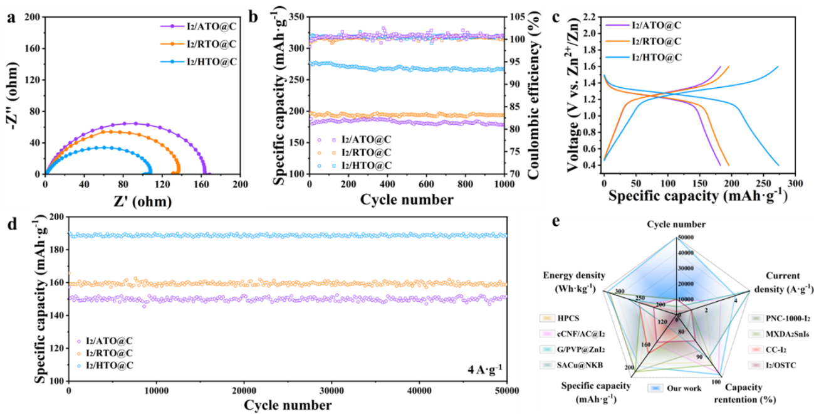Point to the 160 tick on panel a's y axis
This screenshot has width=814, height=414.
click(x=31, y=48)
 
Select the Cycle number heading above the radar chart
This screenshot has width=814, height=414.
click(x=676, y=224)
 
